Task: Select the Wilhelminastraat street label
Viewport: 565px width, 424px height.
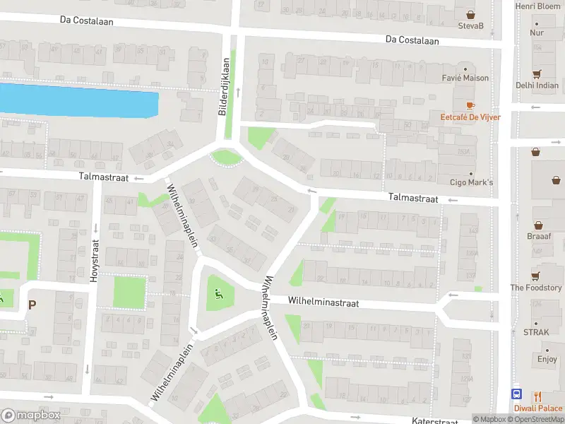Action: [x=323, y=302]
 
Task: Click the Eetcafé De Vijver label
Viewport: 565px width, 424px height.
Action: [x=470, y=117]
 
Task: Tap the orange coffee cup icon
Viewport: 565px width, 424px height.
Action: [x=470, y=105]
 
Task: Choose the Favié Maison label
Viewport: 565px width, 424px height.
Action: [x=465, y=78]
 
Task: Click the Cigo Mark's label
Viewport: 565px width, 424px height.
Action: [x=471, y=183]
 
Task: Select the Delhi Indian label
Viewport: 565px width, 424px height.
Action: [x=536, y=85]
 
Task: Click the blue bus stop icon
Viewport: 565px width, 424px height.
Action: [x=518, y=395]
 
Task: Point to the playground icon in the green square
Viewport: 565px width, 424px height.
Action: [x=219, y=295]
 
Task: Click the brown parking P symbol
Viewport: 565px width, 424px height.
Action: [x=31, y=305]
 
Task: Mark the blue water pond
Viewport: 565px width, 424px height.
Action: [x=78, y=101]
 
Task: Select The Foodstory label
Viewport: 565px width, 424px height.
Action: [x=536, y=288]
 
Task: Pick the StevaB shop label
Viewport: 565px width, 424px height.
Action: [x=470, y=26]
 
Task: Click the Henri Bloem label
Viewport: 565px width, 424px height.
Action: [x=537, y=6]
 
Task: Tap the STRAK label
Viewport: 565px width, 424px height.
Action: [x=536, y=331]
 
